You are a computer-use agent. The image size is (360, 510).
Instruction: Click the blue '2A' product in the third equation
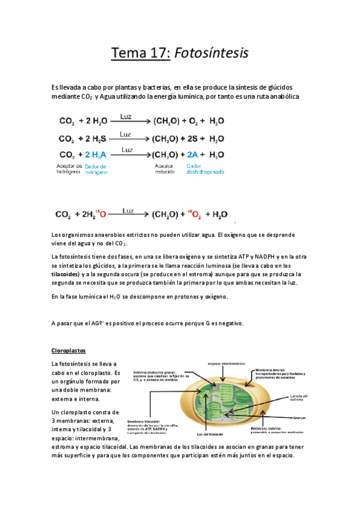point(193,155)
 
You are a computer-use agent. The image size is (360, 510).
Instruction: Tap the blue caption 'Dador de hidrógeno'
point(96,169)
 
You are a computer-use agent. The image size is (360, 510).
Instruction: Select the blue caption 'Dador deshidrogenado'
point(205,169)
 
